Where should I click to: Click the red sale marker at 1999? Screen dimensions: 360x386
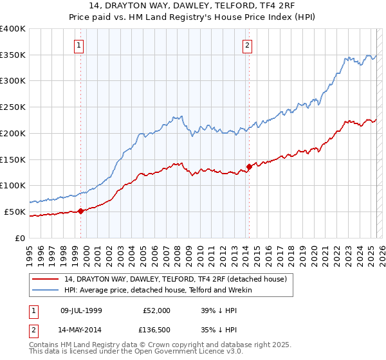(x=80, y=211)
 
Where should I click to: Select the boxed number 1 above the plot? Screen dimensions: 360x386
(x=78, y=45)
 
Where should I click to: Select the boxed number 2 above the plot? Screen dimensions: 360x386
(x=247, y=45)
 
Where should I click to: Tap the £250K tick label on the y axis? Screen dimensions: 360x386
(x=13, y=107)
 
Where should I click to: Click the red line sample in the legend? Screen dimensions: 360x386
(x=46, y=279)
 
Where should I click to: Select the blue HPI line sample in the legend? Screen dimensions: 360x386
(x=46, y=291)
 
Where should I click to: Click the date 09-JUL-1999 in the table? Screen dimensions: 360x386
(x=82, y=310)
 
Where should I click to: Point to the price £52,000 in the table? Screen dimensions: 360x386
(x=156, y=310)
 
